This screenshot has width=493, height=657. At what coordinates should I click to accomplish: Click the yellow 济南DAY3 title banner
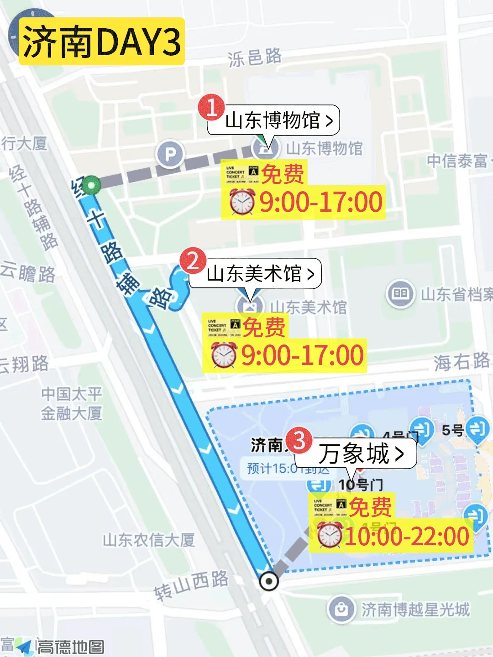[x=101, y=42]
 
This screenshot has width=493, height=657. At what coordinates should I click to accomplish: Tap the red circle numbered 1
[x=211, y=107]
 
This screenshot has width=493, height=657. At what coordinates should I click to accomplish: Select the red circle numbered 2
[x=193, y=261]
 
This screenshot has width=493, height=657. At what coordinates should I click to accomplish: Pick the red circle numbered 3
[x=299, y=440]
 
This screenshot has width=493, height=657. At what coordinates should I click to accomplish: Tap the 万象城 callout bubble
[x=361, y=454]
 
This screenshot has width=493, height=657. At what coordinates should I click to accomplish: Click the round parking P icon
[x=170, y=155]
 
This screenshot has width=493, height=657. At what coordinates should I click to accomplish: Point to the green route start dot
[x=91, y=185]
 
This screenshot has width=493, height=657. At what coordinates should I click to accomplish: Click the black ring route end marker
[x=268, y=581]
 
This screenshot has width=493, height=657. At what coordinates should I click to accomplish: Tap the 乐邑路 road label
[x=255, y=57]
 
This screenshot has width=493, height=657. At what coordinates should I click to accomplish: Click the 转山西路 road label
[x=191, y=585]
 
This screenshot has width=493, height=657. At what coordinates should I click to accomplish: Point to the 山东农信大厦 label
[x=149, y=540]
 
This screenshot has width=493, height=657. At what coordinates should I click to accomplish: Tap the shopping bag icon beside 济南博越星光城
[x=341, y=609]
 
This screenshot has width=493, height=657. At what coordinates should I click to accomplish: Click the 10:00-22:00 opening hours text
[x=407, y=536]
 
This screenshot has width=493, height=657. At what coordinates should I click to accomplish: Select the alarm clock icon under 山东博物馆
[x=242, y=202]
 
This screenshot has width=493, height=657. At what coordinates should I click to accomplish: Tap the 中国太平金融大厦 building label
[x=72, y=403]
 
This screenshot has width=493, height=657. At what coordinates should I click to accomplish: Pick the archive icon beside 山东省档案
[x=400, y=293]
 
